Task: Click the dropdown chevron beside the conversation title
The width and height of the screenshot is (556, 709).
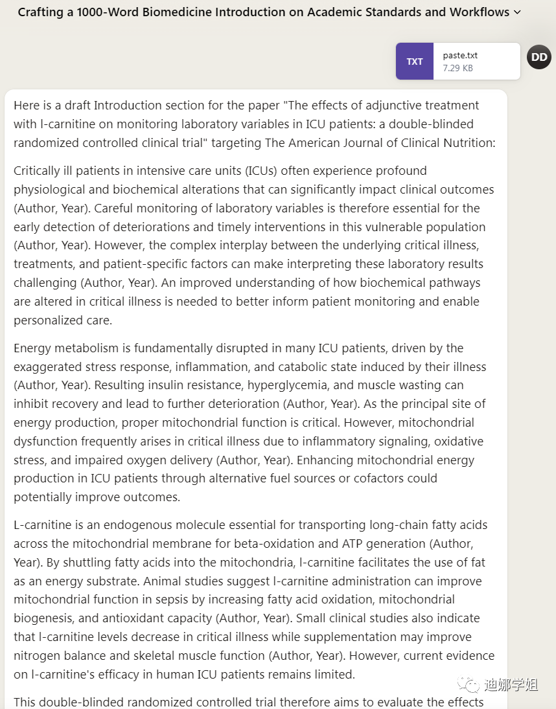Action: point(516,12)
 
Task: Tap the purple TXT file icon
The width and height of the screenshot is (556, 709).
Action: point(415,62)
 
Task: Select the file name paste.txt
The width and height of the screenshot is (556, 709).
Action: point(460,56)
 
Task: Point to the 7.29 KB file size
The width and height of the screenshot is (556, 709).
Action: point(458,67)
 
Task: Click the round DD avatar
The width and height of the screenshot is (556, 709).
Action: point(539,58)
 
